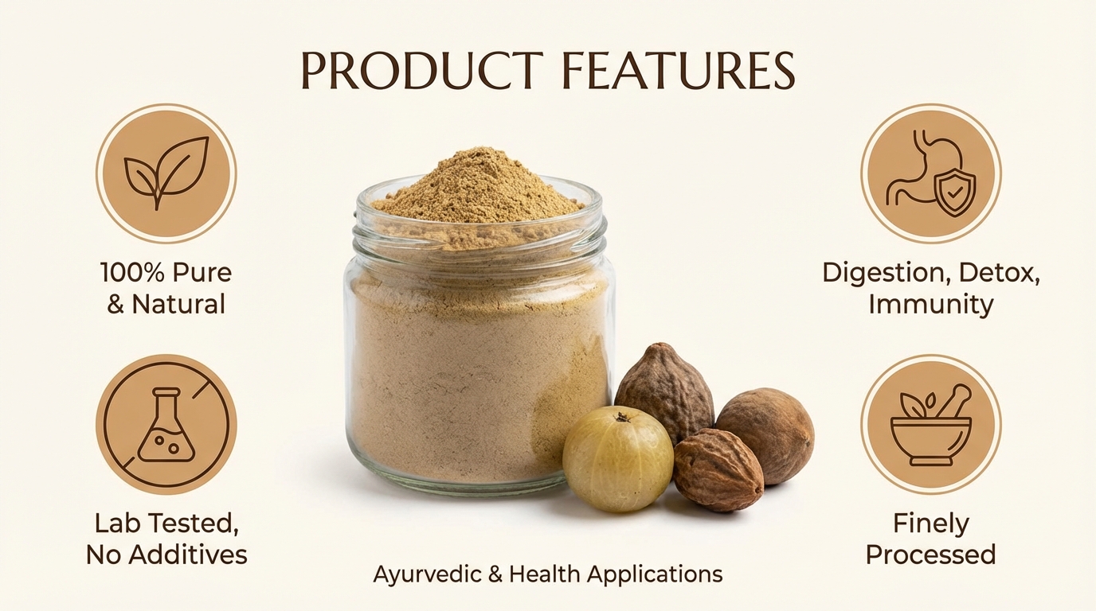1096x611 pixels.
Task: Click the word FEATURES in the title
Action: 677,71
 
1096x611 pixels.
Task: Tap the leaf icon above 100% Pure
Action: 166,173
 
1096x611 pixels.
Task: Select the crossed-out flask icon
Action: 166,424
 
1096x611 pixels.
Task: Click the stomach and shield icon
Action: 930,173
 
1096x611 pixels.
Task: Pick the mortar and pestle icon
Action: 930,424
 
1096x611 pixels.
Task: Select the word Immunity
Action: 930,304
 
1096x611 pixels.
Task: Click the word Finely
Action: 930,523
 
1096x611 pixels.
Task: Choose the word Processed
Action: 930,555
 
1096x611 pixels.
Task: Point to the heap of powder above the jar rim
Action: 478,187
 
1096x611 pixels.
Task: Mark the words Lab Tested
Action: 166,523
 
